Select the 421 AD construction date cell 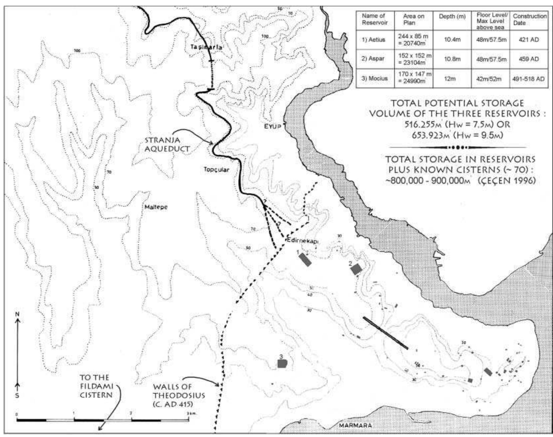(x=529, y=40)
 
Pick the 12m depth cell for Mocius (x=452, y=79)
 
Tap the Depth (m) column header (x=452, y=17)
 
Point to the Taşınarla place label (x=206, y=47)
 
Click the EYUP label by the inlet (x=272, y=127)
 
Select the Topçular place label (x=216, y=170)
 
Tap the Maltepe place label (x=156, y=207)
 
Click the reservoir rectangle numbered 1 (x=305, y=259)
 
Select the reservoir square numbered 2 (x=356, y=269)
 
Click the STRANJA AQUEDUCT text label (x=167, y=145)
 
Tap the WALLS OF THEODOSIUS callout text (x=178, y=395)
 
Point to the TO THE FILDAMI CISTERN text (x=96, y=386)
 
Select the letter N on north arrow (x=18, y=314)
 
